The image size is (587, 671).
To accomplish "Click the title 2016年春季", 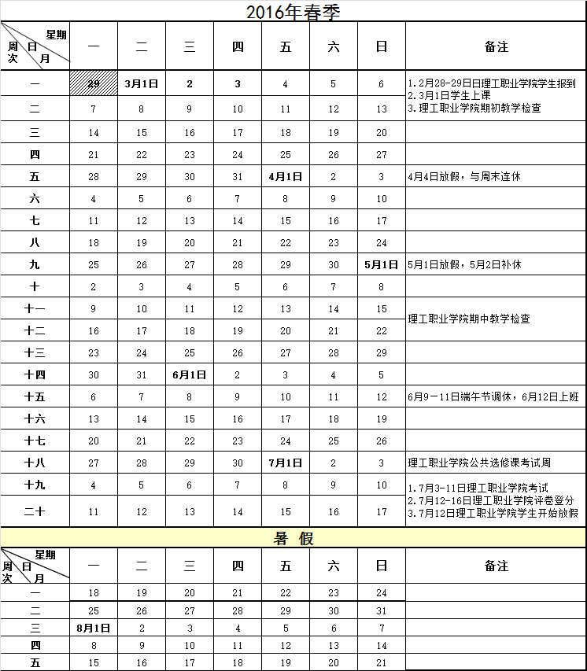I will [293, 12].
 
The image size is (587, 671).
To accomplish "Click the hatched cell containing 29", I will [94, 83].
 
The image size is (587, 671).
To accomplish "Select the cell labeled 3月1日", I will [142, 83].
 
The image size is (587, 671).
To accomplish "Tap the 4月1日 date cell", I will [286, 177].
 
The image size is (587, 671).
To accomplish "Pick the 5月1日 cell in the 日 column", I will [382, 264].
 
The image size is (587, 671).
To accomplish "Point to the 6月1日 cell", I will [190, 375].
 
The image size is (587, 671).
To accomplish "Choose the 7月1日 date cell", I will [286, 463].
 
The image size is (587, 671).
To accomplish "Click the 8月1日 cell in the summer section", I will [94, 629].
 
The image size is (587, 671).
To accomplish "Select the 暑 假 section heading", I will [293, 538].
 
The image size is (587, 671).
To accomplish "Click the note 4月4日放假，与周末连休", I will [464, 177].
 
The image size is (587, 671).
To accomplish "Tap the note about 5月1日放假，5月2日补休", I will [470, 265].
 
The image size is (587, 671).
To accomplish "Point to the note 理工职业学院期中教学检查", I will [469, 319].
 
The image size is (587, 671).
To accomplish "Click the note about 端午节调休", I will [493, 397].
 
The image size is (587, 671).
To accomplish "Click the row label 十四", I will [35, 375].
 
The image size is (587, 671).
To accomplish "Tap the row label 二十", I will [35, 512].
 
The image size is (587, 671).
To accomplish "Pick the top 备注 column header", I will [496, 47].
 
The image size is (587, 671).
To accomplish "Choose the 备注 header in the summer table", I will [496, 566].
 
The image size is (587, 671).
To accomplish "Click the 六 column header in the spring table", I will [334, 47].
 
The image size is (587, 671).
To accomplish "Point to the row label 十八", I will [35, 463].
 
